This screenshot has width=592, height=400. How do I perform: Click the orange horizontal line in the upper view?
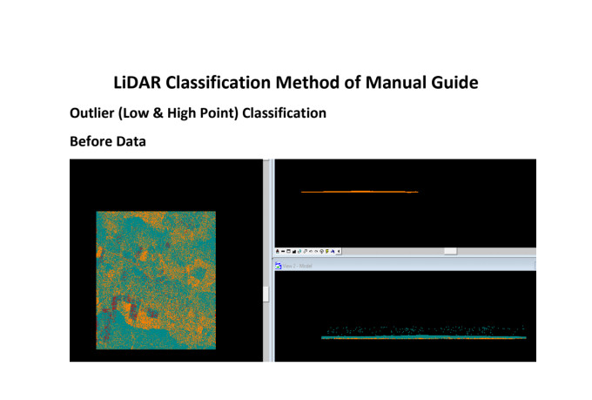click(x=359, y=192)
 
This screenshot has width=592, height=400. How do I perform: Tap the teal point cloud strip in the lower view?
click(x=424, y=336)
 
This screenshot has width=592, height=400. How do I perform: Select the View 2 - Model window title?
click(x=298, y=264)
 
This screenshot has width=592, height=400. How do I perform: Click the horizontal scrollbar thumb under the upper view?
click(x=450, y=251)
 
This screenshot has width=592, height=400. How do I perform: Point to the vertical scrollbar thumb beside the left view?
click(x=266, y=295)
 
